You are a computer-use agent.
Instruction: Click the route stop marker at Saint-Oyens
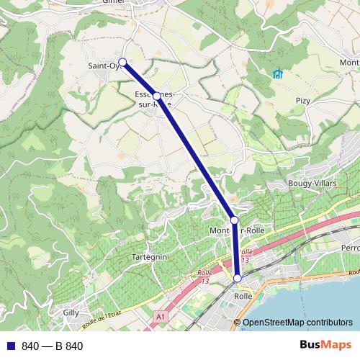coord(122,62)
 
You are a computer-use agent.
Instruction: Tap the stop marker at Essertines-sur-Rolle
coord(157,96)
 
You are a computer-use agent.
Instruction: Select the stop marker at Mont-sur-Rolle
coord(234,220)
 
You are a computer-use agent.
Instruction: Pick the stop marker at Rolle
coord(238,278)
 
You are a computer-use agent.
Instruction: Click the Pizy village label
coord(302,101)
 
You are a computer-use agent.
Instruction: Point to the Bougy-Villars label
coord(308,184)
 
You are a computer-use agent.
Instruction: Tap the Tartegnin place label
coord(150,257)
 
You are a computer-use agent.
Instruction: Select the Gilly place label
coord(71,312)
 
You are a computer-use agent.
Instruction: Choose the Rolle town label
coord(243,295)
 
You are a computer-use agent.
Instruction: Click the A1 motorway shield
coord(161,316)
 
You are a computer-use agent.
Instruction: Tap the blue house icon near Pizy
coord(278,73)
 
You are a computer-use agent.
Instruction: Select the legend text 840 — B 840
coord(53,346)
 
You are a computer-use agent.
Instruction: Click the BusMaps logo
coord(325,346)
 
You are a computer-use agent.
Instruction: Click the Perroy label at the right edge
coord(350,247)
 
